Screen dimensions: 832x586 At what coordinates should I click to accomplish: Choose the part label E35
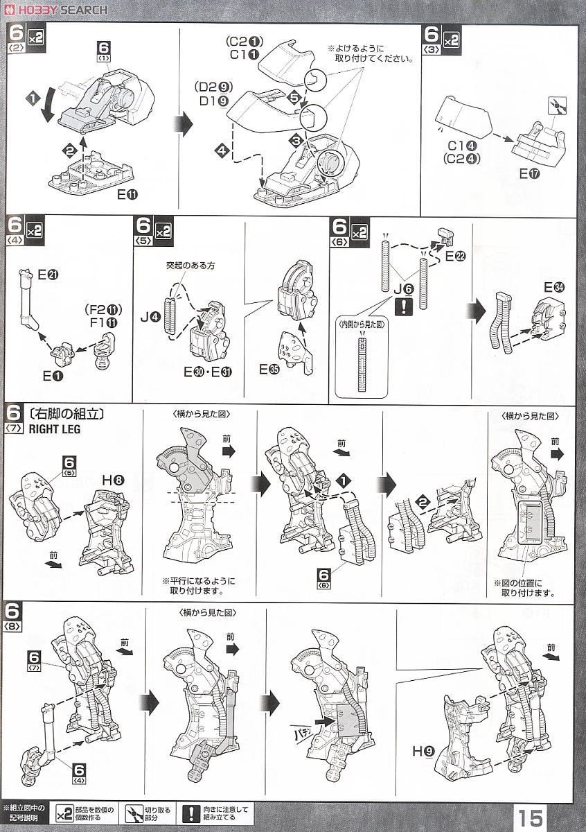(269, 370)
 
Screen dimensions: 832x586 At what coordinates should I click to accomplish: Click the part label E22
(456, 257)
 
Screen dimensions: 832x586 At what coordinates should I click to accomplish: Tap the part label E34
(554, 287)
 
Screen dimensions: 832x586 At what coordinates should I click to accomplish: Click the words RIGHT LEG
(55, 429)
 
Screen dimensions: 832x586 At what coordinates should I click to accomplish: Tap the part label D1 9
(215, 100)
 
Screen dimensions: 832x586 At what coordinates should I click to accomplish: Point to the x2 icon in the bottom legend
(64, 812)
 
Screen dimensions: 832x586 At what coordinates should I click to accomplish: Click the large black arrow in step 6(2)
(184, 124)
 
